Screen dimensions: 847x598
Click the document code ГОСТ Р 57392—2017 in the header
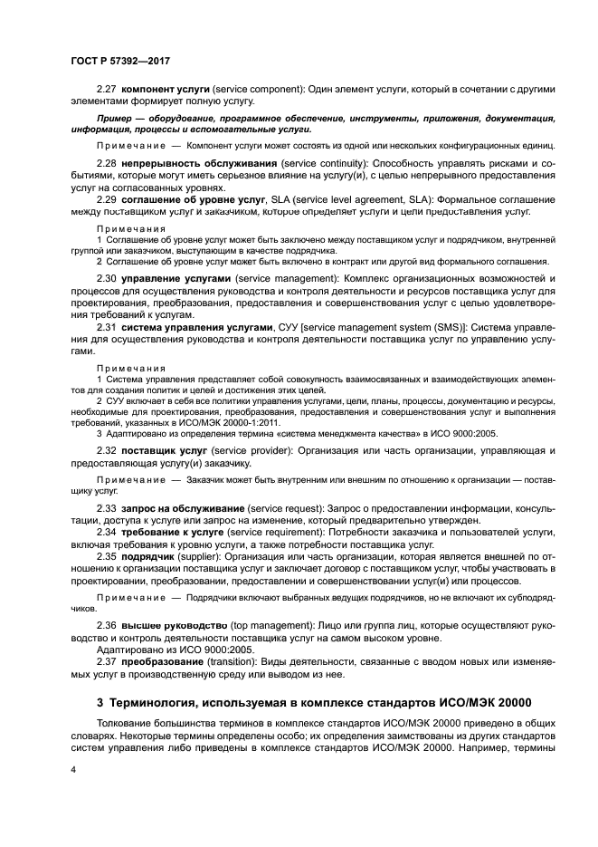[x=120, y=61]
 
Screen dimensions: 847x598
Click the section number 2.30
[x=107, y=277]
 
